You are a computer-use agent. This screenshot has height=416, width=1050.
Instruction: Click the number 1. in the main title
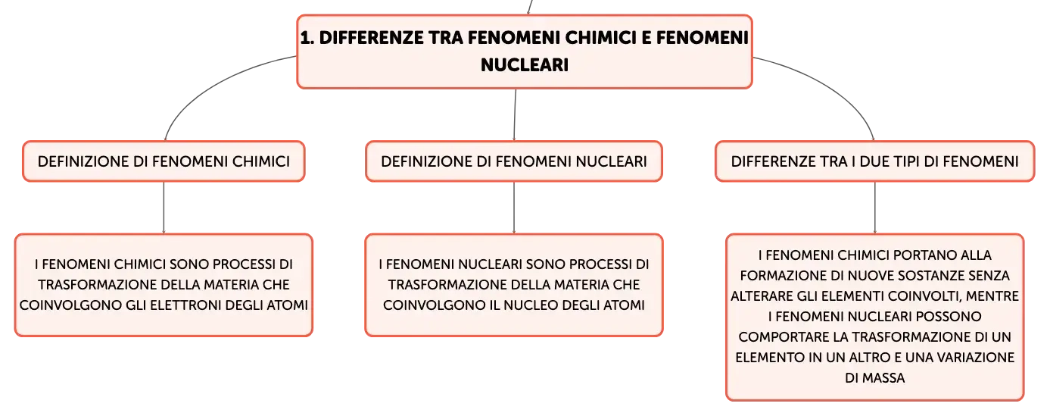pyautogui.click(x=307, y=38)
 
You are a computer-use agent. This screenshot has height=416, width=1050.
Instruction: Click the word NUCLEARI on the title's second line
pyautogui.click(x=525, y=64)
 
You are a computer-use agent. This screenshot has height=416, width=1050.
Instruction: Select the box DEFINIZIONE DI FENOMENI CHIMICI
pyautogui.click(x=164, y=161)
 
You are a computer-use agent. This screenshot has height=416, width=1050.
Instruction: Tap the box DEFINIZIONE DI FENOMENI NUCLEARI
pyautogui.click(x=514, y=161)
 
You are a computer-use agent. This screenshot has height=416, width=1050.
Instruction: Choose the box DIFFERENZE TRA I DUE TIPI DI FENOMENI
pyautogui.click(x=874, y=161)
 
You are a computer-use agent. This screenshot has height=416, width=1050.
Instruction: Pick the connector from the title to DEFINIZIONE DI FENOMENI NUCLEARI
pyautogui.click(x=515, y=114)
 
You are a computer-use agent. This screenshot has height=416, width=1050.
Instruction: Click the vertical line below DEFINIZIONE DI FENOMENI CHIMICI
pyautogui.click(x=164, y=208)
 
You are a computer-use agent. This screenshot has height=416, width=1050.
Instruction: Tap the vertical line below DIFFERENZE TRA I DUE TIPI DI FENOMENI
pyautogui.click(x=874, y=208)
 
